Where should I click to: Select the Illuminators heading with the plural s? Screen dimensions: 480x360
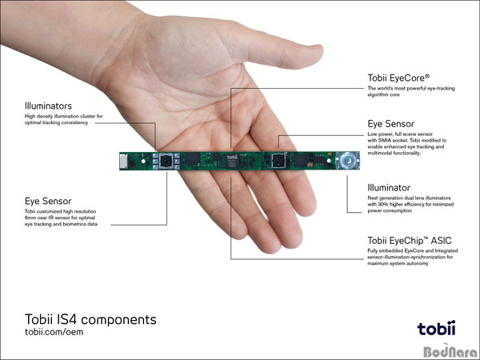click(48, 106)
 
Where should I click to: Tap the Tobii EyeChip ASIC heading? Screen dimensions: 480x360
click(410, 241)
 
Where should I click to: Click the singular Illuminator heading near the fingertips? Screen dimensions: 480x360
click(389, 188)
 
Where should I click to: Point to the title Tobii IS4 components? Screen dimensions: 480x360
click(90, 319)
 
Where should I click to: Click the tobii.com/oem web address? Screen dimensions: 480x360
click(54, 332)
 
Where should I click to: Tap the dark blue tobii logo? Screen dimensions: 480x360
click(436, 328)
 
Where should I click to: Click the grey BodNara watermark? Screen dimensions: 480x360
click(450, 351)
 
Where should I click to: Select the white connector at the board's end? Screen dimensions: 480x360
click(123, 161)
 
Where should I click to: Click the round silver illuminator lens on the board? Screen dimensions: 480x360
click(347, 160)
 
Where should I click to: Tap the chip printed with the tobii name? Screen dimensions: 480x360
click(232, 161)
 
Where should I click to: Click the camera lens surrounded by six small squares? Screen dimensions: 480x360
click(166, 161)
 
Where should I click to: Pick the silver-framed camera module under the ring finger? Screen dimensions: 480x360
click(279, 161)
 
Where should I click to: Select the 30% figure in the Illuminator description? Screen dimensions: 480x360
click(382, 205)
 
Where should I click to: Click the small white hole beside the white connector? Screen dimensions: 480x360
click(143, 161)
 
